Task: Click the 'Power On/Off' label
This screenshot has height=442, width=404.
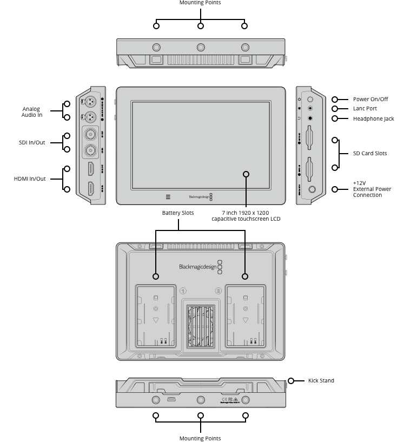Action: (370, 100)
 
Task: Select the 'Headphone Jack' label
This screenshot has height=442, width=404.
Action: (373, 118)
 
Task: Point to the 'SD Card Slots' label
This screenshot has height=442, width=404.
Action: (369, 153)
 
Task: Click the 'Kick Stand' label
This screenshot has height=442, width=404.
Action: (321, 380)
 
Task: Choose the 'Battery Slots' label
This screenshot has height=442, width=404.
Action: (178, 213)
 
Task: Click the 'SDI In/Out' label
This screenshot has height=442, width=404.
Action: (32, 142)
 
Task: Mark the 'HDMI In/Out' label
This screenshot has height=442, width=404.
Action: (30, 179)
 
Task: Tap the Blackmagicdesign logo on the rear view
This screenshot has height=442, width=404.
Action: (201, 267)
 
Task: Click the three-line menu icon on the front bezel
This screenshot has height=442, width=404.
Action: (168, 197)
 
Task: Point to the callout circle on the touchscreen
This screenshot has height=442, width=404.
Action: (246, 174)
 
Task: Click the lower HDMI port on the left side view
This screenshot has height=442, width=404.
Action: (90, 189)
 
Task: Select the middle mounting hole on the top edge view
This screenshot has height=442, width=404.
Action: (201, 47)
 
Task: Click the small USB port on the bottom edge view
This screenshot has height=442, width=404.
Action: (170, 400)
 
